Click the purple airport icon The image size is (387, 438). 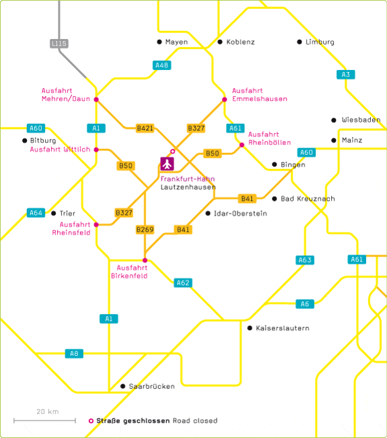[167, 164]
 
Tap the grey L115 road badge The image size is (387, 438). [59, 43]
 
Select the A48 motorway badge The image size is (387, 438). [162, 65]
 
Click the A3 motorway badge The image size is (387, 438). [346, 75]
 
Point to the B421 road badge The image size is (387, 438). [145, 128]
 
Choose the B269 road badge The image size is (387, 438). [145, 230]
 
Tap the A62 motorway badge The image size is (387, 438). [183, 283]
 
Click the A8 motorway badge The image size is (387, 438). [74, 354]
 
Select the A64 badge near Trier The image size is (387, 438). [36, 213]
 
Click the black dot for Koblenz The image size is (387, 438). [220, 42]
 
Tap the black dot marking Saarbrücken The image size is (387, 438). [122, 386]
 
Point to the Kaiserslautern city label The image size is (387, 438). [283, 328]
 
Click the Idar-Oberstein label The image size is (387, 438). [240, 214]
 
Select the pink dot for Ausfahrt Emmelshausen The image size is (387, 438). [225, 100]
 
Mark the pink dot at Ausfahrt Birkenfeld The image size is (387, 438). [145, 260]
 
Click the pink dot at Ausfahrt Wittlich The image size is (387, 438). [96, 150]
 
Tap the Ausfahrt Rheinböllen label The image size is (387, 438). [269, 139]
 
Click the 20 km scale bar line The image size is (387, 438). [44, 420]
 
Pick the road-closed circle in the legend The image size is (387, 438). [91, 420]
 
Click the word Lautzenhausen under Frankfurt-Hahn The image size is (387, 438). [188, 187]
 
